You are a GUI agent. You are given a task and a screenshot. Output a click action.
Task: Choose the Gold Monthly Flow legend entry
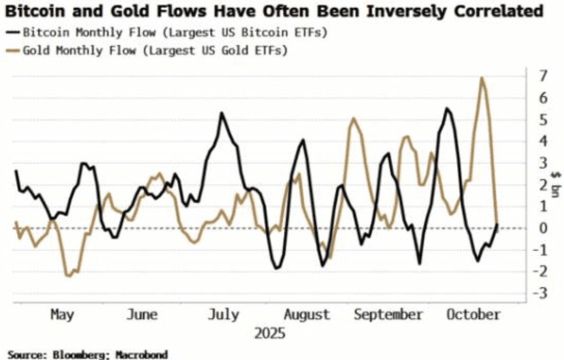coord(152,50)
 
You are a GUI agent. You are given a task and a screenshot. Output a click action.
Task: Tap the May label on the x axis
coord(62,315)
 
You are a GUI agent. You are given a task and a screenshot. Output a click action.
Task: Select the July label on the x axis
coord(223,315)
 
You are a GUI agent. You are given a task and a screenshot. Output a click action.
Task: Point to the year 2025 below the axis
coord(270,333)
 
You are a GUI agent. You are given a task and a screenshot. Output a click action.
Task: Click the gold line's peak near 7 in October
coord(482,78)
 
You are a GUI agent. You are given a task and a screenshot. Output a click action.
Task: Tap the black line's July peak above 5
coord(221,113)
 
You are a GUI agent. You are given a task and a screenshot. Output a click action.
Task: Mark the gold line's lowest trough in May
coord(68,276)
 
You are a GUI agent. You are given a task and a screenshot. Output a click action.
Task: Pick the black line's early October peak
coord(447,109)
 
